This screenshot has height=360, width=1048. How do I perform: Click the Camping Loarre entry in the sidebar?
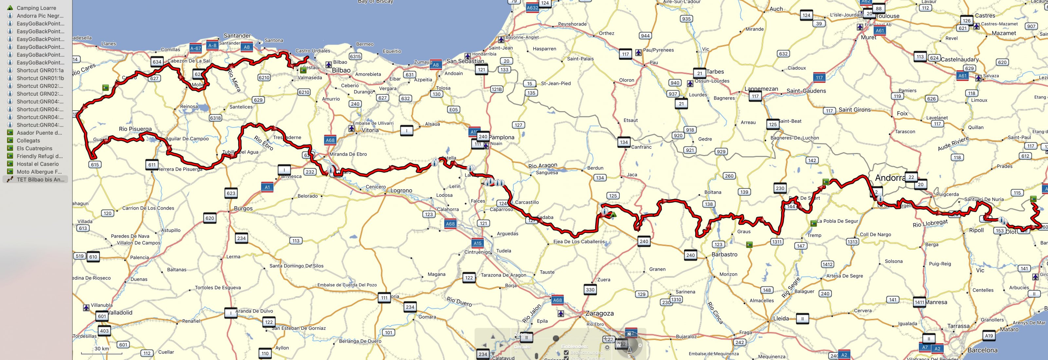pos(36,8)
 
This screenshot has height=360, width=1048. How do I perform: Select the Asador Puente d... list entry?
pos(39,133)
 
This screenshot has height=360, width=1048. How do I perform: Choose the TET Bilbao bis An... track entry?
pos(40,180)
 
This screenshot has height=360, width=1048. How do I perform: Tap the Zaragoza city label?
pos(599,313)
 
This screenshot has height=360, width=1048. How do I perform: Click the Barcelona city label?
pos(982,350)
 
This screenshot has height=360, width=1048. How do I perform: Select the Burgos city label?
pos(243,208)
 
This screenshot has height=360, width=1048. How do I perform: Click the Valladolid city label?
pos(120,313)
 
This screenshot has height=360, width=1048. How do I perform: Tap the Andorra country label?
pos(890,178)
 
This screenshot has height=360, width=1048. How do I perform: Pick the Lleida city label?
pos(781,318)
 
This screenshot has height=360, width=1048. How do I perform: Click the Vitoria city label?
pos(370,130)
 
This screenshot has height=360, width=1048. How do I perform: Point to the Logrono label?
pos(401,190)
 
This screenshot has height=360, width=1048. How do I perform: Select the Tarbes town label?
pos(715,72)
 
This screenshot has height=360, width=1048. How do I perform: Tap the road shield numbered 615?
pos(95,164)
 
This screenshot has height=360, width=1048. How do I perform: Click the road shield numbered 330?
pos(590,290)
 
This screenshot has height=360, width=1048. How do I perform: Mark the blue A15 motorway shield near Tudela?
pos(477,243)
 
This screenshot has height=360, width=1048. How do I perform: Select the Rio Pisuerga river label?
pos(135,129)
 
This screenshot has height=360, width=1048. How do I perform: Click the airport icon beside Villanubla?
pos(86,308)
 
